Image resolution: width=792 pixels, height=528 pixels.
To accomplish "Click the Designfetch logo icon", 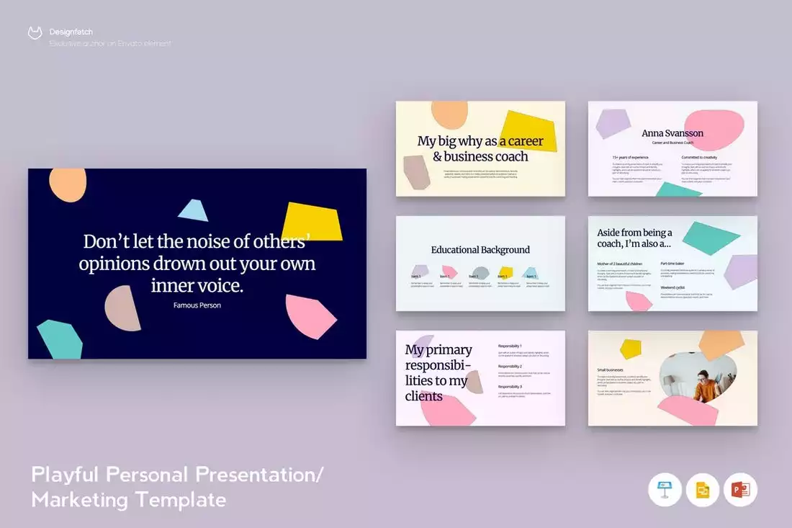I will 35,32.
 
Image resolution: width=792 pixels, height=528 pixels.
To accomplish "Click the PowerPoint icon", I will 740,491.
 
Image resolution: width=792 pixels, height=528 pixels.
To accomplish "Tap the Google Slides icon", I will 703,491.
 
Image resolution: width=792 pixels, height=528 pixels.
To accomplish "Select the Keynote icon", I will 665,491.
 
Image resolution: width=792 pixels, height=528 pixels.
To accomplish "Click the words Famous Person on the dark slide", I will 197,305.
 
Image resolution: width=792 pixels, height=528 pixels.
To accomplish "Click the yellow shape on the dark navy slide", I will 311,221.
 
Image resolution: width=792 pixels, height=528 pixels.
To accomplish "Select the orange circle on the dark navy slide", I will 68,184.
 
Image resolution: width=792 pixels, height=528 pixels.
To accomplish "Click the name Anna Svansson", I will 672,133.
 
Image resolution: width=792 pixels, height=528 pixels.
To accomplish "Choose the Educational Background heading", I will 480,250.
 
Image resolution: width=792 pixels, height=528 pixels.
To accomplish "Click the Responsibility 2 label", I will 510,367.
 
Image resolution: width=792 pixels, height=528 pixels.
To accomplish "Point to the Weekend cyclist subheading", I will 672,287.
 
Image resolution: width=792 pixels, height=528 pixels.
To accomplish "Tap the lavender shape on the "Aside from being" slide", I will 741,272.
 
